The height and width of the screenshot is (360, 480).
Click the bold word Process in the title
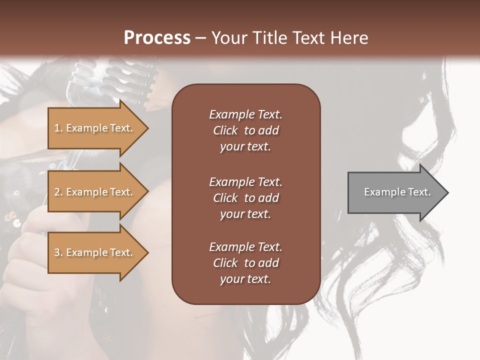coord(157,38)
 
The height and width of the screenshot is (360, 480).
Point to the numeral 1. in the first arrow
coord(58,128)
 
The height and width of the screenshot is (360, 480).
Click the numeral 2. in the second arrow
coord(58,192)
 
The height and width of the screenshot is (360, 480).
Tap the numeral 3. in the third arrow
coord(58,252)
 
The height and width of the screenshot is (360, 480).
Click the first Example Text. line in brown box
coord(245,114)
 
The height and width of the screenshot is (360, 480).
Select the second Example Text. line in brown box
coord(245,182)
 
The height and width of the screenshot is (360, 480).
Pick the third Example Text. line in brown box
coord(245,247)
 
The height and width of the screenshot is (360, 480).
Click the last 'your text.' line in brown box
coord(245,279)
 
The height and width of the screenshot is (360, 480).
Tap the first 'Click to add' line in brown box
coord(245,130)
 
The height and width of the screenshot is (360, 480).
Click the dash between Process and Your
coord(201,38)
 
